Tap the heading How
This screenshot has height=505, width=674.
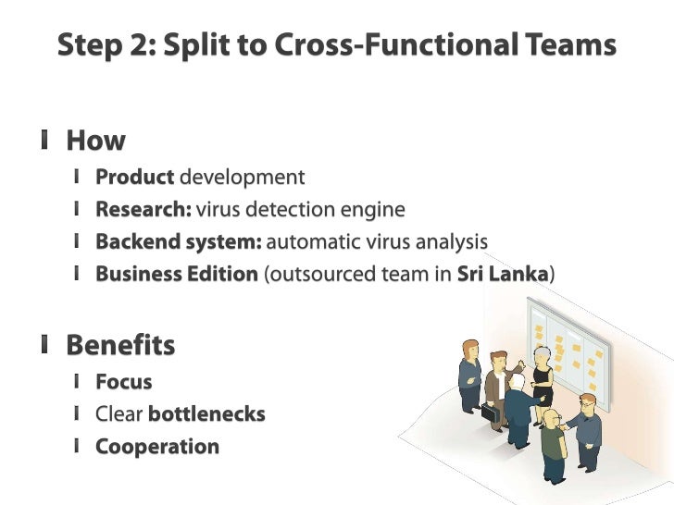(x=95, y=141)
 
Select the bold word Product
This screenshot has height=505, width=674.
(x=134, y=177)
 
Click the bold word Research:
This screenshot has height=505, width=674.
(x=144, y=209)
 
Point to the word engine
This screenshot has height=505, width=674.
(x=374, y=209)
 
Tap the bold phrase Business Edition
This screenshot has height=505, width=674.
(x=176, y=275)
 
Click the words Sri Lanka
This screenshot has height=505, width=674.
(x=503, y=275)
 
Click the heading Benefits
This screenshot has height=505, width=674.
(x=120, y=345)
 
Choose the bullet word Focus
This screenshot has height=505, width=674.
(x=123, y=381)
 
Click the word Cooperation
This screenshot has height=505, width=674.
(x=157, y=447)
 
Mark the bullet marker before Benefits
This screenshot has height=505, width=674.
(x=44, y=345)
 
